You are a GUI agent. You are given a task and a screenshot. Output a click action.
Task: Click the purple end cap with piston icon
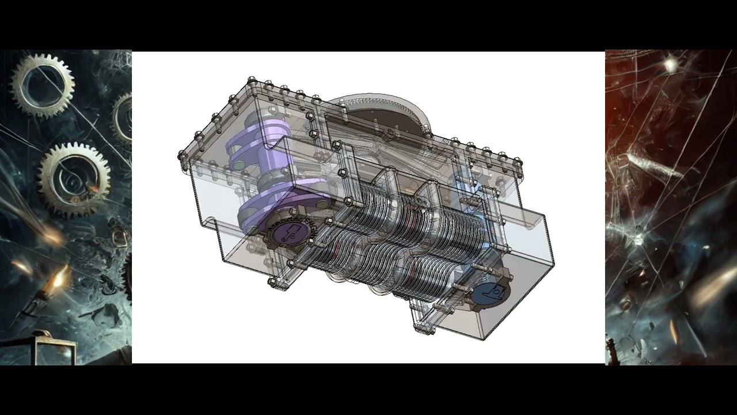coord(286,235)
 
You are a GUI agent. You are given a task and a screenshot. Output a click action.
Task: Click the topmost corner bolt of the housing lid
coord(251,80)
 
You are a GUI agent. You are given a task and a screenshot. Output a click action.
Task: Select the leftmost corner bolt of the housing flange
coord(183,156)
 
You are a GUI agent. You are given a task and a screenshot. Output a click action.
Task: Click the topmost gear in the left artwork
coord(42,84)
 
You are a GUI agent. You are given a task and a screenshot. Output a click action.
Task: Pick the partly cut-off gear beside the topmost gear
coord(122,115)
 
